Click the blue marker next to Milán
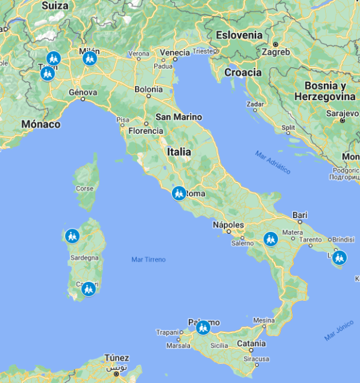tap(89, 59)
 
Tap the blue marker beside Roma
tap(179, 193)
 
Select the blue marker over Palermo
tap(202, 327)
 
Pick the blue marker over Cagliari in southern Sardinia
tap(89, 289)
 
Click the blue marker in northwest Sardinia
tap(72, 236)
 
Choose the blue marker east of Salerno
tap(271, 239)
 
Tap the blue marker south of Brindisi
tap(339, 257)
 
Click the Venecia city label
tap(174, 52)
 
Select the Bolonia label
tap(149, 89)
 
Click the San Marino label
tap(179, 117)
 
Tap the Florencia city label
tap(146, 131)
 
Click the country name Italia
tap(179, 152)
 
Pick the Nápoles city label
tap(227, 224)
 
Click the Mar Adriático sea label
tap(272, 161)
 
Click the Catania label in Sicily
tap(251, 343)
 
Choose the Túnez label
tap(117, 358)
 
